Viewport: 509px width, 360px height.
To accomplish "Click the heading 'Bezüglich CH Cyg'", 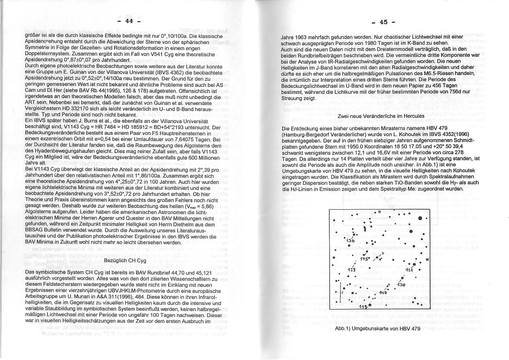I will pos(125,260).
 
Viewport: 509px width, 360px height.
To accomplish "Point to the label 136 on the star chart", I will pos(351,241).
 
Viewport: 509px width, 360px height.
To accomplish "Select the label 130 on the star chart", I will pos(401,285).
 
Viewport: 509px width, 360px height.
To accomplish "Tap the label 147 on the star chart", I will pos(384,292).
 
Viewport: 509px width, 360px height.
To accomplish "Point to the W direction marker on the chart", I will pos(427,260).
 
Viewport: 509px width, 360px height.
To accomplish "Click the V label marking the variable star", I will pos(382,253).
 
